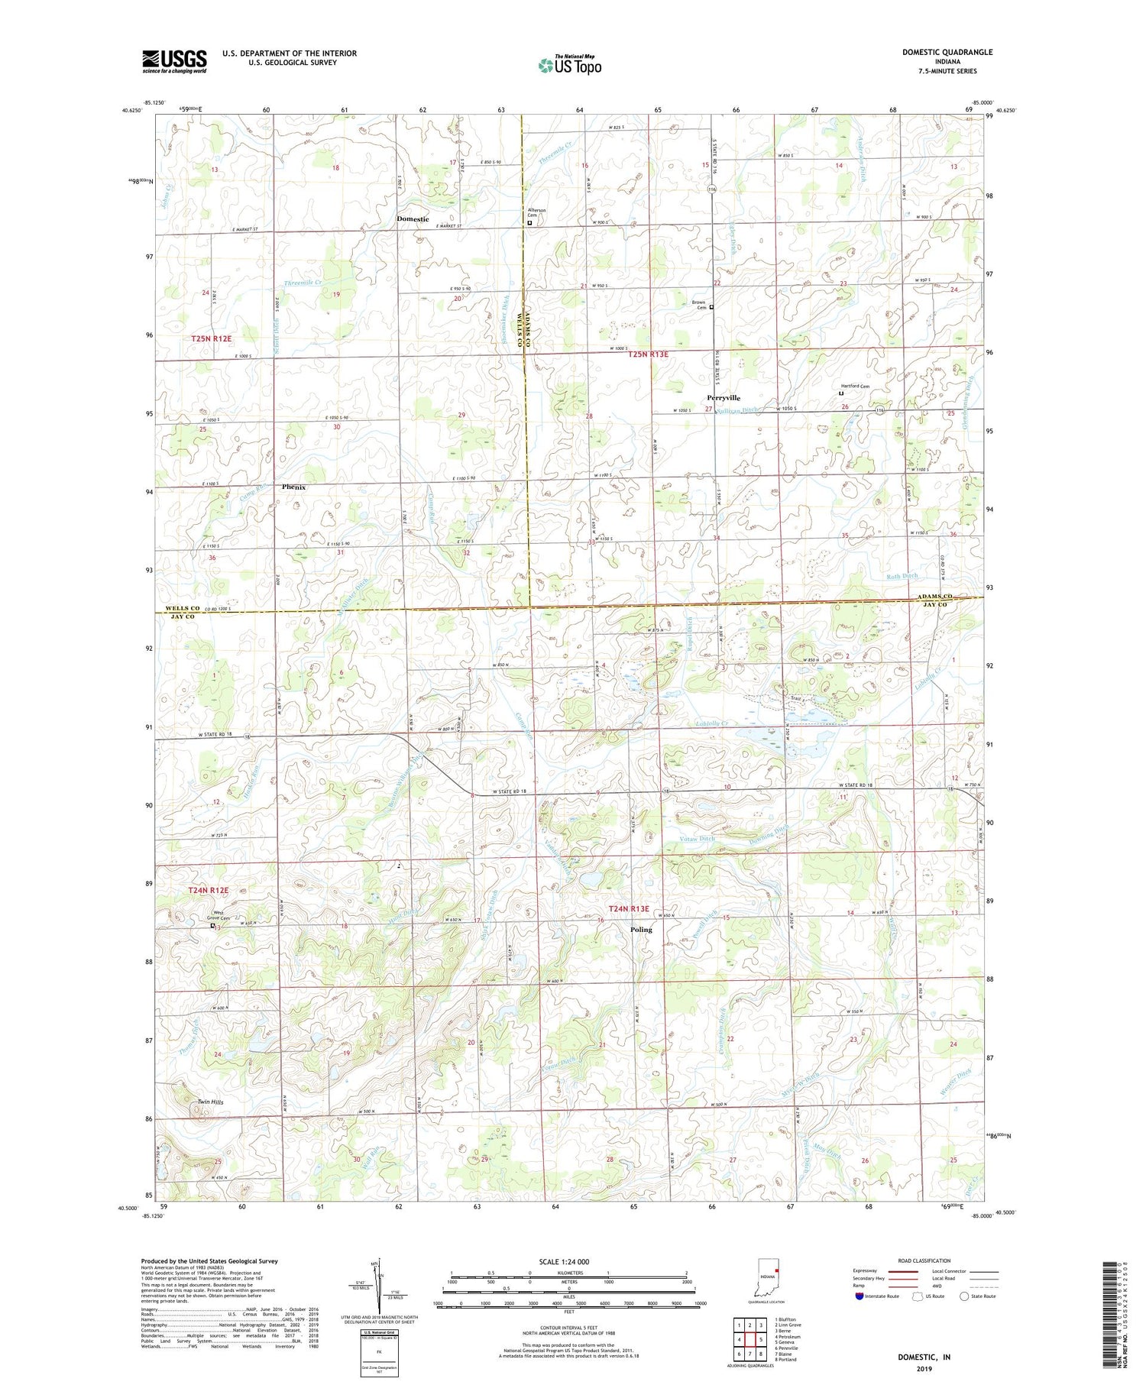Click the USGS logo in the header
tap(174, 61)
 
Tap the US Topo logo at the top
tap(569, 65)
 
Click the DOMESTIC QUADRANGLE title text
tap(947, 52)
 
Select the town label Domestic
tap(413, 219)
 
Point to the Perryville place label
tap(723, 398)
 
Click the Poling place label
tap(642, 930)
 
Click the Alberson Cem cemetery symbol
tap(529, 223)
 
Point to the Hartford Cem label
tap(855, 387)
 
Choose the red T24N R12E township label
tap(209, 891)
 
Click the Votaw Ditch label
tap(697, 839)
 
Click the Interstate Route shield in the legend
tap(860, 1296)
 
